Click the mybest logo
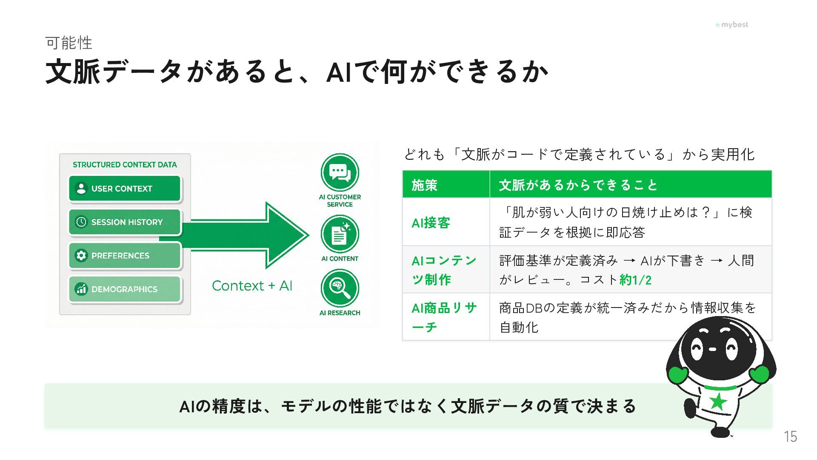[x=731, y=25]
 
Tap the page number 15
[x=790, y=437]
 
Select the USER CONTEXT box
[x=125, y=188]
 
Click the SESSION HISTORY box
[x=125, y=222]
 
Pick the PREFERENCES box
[x=125, y=256]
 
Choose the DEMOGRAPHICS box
[x=125, y=289]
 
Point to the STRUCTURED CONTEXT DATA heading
[x=125, y=165]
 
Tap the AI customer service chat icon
[x=340, y=172]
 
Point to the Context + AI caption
[x=252, y=286]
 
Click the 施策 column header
[x=424, y=185]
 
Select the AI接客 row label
[x=431, y=222]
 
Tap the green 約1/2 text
[x=635, y=280]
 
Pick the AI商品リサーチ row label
[x=444, y=317]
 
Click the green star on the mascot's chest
[x=718, y=402]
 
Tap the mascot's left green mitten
[x=677, y=375]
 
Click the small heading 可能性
[x=69, y=43]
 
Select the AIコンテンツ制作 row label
[x=444, y=270]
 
